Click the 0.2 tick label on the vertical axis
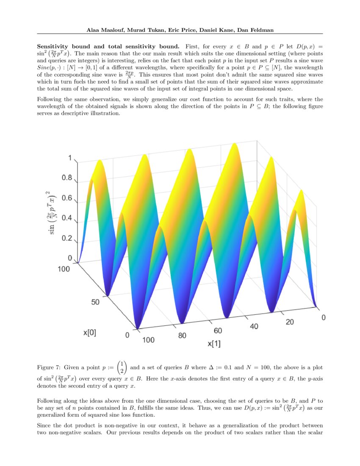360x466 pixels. coord(67,238)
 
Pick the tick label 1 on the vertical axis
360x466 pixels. coord(70,158)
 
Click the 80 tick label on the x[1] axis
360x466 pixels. coord(182,336)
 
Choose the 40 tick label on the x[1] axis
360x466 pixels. coord(254,326)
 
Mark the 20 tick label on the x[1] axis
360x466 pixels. coord(290,322)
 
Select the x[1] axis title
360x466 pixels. coord(214,344)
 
